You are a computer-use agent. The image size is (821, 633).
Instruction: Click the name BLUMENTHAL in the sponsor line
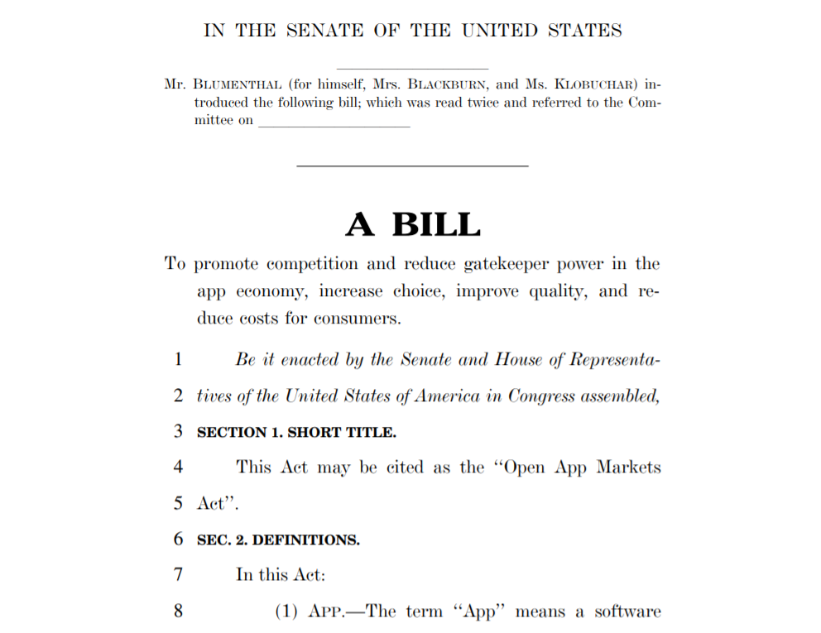[x=237, y=84]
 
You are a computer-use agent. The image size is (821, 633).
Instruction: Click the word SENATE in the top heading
[x=324, y=31]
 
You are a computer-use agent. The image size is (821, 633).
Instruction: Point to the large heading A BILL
[x=412, y=224]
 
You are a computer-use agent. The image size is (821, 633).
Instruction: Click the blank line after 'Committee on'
[x=334, y=121]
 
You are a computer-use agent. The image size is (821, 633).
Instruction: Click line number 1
[x=178, y=360]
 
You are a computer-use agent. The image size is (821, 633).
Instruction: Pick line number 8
[x=178, y=612]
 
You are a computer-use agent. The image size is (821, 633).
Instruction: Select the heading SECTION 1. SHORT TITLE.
[x=296, y=432]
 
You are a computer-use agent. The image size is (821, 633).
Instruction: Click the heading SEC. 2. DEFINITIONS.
[x=278, y=540]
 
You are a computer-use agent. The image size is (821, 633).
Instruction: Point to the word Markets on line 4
[x=624, y=468]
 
